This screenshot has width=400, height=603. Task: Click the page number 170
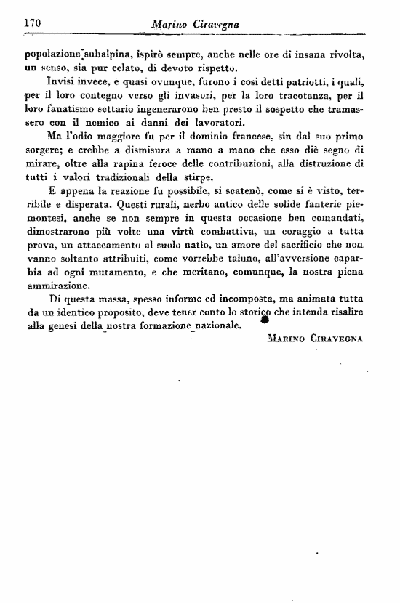[31, 23]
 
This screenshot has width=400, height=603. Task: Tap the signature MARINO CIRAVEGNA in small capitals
[315, 339]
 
